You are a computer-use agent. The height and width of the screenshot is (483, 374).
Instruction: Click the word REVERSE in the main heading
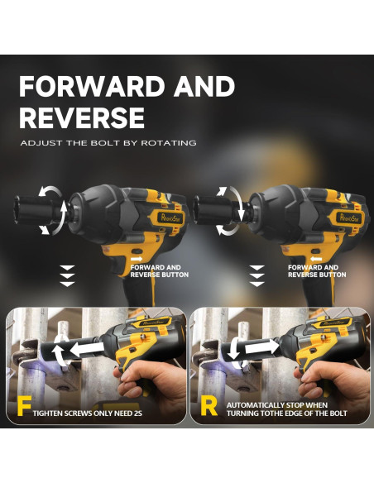(82, 117)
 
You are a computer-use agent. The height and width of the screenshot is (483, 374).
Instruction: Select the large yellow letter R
(209, 406)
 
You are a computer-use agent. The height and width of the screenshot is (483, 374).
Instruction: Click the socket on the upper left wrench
(34, 210)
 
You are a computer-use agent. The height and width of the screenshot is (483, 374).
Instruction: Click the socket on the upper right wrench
(216, 212)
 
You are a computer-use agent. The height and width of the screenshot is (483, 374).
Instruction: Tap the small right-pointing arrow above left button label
(137, 259)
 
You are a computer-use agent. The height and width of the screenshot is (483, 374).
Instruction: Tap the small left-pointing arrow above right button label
(316, 259)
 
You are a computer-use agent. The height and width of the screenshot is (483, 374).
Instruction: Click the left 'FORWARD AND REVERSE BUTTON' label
(159, 271)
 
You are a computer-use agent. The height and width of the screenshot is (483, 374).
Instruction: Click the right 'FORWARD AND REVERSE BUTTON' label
(317, 271)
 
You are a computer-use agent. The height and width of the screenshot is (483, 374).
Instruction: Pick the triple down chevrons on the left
(67, 276)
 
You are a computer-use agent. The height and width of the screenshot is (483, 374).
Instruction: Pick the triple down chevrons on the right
(257, 276)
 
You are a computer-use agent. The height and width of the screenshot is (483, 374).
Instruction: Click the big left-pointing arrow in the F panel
(87, 349)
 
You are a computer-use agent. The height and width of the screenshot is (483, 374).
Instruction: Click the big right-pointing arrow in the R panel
(262, 347)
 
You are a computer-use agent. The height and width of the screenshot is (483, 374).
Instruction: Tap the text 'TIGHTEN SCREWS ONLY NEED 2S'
(88, 413)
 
